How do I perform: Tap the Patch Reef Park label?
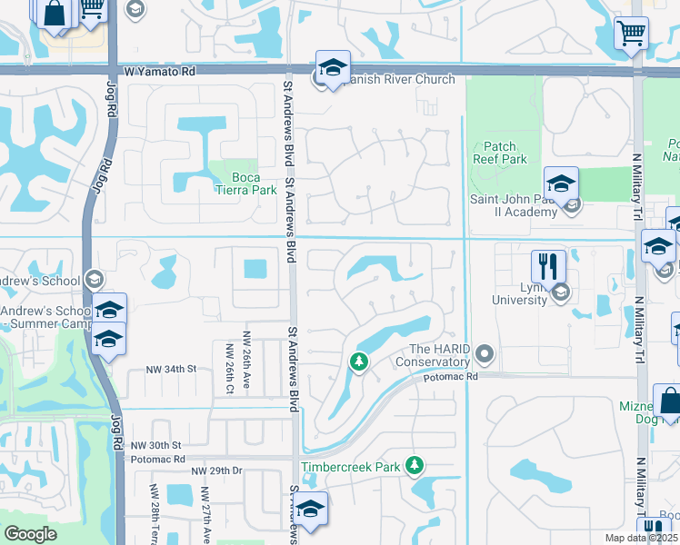[499, 153]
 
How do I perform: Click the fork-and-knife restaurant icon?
[548, 266]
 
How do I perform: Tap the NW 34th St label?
[172, 369]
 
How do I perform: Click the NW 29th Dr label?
[217, 471]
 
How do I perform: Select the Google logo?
[30, 534]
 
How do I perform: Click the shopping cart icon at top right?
[631, 34]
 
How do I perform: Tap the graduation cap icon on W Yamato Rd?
[333, 68]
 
